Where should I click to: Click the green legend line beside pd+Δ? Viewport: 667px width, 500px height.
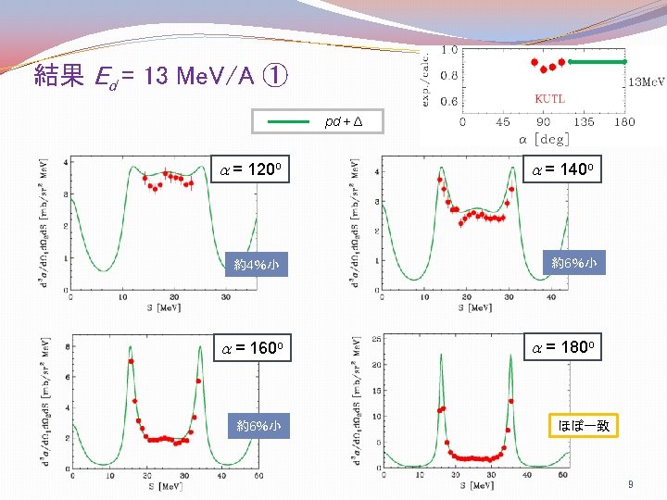pyautogui.click(x=288, y=121)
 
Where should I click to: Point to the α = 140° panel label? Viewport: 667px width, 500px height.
pyautogui.click(x=567, y=170)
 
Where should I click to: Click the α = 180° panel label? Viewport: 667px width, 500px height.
pyautogui.click(x=567, y=348)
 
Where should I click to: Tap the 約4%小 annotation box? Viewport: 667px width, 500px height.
pyautogui.click(x=256, y=266)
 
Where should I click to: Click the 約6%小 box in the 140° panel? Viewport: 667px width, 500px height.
pyautogui.click(x=573, y=263)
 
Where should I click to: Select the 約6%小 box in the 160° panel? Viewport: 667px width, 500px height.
pyautogui.click(x=258, y=426)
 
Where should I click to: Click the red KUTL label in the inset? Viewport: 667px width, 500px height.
pyautogui.click(x=549, y=98)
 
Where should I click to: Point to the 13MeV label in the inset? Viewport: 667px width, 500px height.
pyautogui.click(x=647, y=81)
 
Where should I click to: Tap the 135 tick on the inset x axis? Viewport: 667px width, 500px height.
pyautogui.click(x=585, y=121)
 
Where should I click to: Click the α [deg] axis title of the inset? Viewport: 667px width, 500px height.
pyautogui.click(x=543, y=138)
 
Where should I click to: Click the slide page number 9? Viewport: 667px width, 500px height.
pyautogui.click(x=630, y=484)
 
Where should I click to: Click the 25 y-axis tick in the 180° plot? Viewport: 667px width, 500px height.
pyautogui.click(x=376, y=340)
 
